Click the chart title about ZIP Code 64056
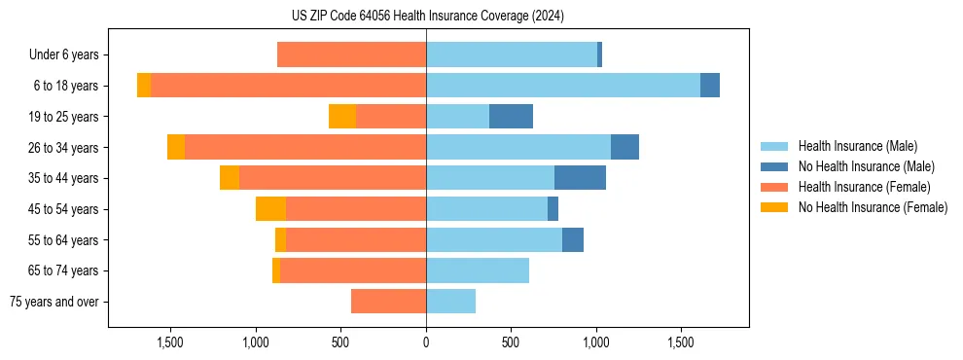[427, 16]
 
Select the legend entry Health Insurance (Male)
[857, 146]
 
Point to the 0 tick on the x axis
[426, 342]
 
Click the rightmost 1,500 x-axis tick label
[681, 342]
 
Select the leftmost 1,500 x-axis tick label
[170, 342]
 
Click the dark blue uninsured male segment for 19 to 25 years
[511, 117]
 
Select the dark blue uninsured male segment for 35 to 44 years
[580, 178]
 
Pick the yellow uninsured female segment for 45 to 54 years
[270, 209]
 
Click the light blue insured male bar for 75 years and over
[450, 302]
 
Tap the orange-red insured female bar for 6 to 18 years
[288, 86]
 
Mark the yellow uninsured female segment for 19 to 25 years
[342, 117]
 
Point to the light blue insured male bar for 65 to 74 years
[478, 270]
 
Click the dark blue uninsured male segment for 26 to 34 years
[624, 147]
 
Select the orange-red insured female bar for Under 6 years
[351, 55]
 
